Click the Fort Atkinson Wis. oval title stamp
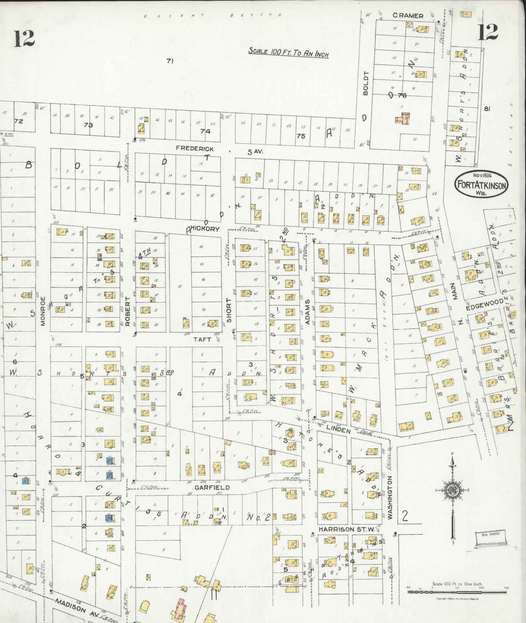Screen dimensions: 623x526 [x=481, y=185]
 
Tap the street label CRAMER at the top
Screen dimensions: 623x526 [x=408, y=16]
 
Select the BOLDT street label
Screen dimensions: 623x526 [x=366, y=83]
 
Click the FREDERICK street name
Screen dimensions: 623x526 [x=195, y=148]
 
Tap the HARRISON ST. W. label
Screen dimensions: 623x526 [x=346, y=529]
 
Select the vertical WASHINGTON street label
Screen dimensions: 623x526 [x=390, y=497]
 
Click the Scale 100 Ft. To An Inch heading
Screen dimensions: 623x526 [x=288, y=52]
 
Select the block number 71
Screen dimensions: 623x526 [x=169, y=61]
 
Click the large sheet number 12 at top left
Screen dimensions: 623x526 [x=24, y=39]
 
